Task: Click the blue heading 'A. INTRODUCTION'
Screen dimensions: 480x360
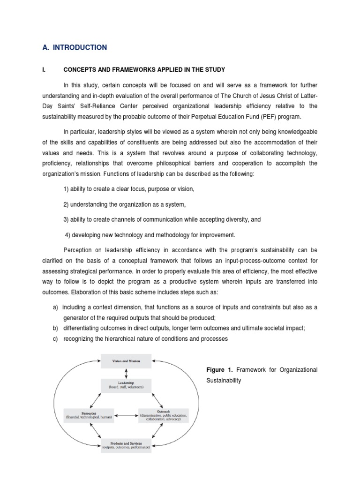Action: point(74,47)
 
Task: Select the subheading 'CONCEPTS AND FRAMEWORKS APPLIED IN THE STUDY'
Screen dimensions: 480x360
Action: point(144,70)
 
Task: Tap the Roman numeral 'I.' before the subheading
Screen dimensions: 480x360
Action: point(44,70)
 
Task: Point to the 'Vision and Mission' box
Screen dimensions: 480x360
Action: point(126,361)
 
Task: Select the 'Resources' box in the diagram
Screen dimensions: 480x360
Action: point(89,415)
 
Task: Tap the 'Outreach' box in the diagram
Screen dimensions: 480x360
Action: point(164,415)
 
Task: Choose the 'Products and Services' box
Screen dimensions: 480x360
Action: point(126,445)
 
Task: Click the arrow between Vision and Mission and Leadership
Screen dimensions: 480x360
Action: point(126,373)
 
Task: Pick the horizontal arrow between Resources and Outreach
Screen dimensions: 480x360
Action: point(126,415)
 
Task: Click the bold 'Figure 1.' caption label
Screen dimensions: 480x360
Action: point(219,370)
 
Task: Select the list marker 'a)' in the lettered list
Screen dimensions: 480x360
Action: point(55,307)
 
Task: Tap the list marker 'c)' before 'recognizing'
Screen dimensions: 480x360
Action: point(55,339)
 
